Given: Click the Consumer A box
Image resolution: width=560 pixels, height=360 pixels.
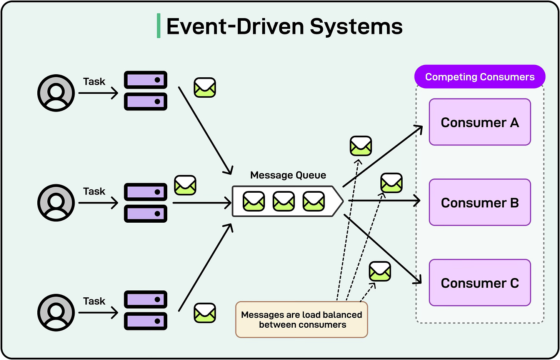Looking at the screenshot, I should point(480,122).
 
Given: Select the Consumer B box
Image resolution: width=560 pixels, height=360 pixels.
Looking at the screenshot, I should point(480,202).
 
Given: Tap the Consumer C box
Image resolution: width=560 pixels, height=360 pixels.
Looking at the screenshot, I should point(480,283).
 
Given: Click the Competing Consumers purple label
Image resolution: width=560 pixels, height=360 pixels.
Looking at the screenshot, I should point(480,77).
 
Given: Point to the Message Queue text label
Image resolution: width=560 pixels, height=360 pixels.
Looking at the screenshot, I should point(288,175).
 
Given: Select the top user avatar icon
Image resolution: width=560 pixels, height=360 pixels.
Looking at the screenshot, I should point(56,93).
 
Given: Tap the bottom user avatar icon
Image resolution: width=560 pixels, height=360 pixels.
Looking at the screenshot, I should point(56,313).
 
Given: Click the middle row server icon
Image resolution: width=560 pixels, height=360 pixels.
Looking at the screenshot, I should point(145,203).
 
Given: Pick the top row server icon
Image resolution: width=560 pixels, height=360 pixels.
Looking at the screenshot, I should point(145,91).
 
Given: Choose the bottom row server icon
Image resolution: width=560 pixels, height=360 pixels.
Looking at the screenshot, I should point(145,310).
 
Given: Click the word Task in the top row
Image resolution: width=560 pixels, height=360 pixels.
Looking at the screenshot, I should point(94,82).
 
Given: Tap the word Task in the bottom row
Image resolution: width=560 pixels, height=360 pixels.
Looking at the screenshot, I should point(94,301).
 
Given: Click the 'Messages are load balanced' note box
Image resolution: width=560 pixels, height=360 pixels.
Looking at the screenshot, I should point(302,320).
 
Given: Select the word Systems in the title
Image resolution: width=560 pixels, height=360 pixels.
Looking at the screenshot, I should point(356,27).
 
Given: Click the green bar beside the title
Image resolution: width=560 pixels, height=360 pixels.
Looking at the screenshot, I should point(158,26).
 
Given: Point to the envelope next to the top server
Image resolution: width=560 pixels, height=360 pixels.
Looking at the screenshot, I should point(205,87).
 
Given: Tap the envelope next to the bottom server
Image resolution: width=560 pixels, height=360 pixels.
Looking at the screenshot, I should point(205,313).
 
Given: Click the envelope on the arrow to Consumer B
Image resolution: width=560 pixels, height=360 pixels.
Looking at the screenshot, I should point(391,183).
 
